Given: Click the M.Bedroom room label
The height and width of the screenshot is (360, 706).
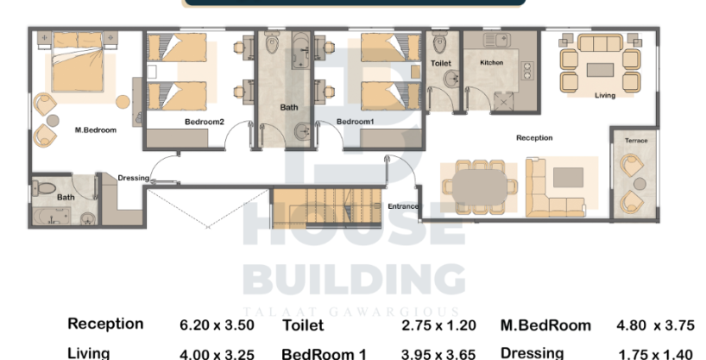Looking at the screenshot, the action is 96,130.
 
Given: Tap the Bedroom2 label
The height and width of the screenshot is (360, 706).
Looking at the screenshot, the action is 205,122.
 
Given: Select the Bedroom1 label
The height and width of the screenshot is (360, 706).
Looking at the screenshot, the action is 356,122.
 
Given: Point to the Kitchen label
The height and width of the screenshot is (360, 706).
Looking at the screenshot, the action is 492,63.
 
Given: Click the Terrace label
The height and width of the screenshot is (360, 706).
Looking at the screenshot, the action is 636,141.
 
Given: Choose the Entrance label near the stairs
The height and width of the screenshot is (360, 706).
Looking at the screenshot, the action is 403,206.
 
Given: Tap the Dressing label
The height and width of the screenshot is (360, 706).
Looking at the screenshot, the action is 133,178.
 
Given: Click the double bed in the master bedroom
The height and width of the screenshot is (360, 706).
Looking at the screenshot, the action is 78,61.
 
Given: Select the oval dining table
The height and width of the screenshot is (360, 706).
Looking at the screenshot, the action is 480,186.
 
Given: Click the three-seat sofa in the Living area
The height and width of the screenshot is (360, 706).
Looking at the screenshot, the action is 600,43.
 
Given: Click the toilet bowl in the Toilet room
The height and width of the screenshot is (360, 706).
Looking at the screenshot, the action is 440,44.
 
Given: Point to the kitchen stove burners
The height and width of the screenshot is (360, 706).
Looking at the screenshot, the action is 526,71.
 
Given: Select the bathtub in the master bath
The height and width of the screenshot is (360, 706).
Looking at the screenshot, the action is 52,217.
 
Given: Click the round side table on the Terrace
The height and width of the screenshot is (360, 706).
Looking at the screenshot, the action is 640,184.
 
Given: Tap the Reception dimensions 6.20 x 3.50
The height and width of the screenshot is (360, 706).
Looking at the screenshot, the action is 217,325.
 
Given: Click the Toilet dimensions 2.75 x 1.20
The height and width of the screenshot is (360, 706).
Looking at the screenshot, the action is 438,325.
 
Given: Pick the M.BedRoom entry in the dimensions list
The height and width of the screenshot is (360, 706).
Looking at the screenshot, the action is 545,325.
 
